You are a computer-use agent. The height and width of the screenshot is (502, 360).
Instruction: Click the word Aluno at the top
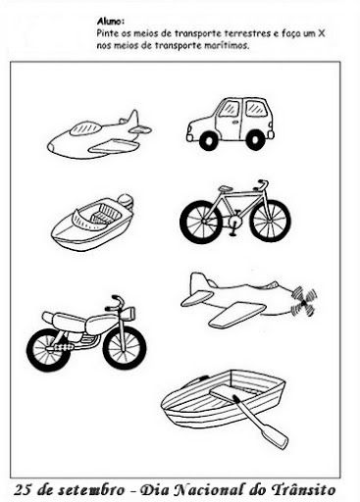pyautogui.click(x=110, y=22)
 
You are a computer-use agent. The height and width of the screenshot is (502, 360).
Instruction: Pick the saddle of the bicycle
pyautogui.click(x=225, y=188)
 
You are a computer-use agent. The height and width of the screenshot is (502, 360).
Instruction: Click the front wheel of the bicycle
pyautogui.click(x=270, y=220)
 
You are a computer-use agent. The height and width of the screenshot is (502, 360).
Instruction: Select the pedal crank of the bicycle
pyautogui.click(x=232, y=225)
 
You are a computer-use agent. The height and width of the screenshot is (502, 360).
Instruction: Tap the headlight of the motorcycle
pyautogui.click(x=129, y=314)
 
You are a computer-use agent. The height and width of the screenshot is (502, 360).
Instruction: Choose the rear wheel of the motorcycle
pyautogui.click(x=48, y=350)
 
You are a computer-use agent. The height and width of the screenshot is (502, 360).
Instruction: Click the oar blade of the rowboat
pyautogui.click(x=275, y=437)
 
